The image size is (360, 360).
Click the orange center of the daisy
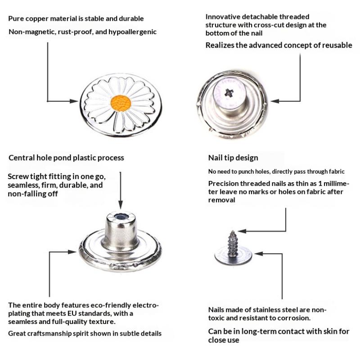(121, 103)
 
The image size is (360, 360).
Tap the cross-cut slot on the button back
(229, 93)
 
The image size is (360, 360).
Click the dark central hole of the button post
(119, 217)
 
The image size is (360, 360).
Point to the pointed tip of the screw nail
(233, 231)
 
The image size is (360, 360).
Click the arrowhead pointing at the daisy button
(74, 101)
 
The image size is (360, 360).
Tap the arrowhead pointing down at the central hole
(121, 204)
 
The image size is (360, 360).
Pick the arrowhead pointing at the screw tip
(242, 231)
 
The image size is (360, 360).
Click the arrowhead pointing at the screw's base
(259, 254)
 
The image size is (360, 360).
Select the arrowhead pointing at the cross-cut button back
(275, 101)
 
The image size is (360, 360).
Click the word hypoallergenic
(132, 32)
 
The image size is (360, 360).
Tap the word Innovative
(223, 17)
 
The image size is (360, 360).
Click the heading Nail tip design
(233, 158)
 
